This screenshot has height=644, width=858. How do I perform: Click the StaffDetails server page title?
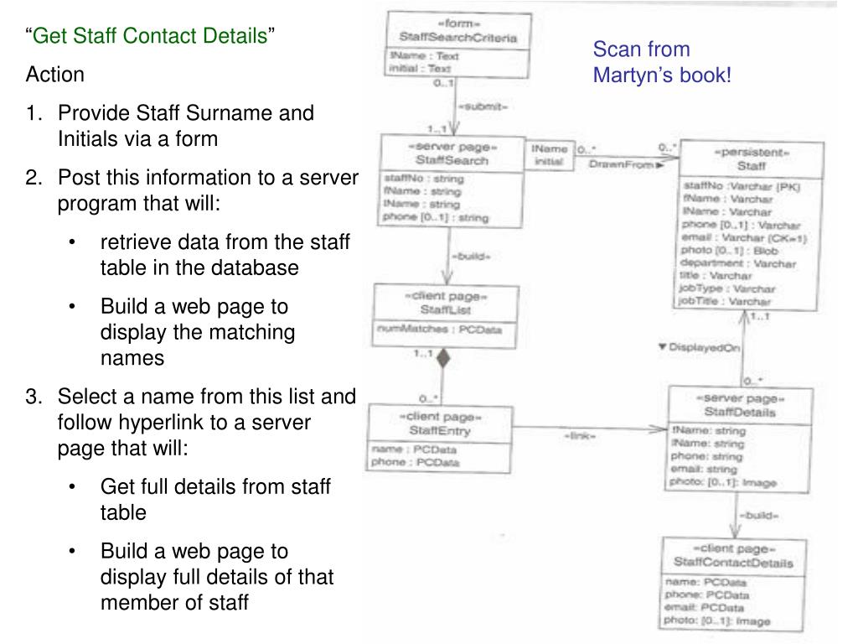[741, 412]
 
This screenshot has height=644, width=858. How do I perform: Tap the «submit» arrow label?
[482, 107]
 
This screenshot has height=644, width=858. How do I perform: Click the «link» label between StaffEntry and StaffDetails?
[580, 436]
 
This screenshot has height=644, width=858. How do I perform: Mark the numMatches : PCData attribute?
[440, 330]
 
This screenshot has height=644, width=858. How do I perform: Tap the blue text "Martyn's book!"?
[662, 75]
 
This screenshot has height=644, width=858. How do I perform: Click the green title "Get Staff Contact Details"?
[152, 36]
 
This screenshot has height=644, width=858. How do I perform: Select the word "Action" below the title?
[55, 75]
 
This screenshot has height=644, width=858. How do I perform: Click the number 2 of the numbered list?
[32, 178]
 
